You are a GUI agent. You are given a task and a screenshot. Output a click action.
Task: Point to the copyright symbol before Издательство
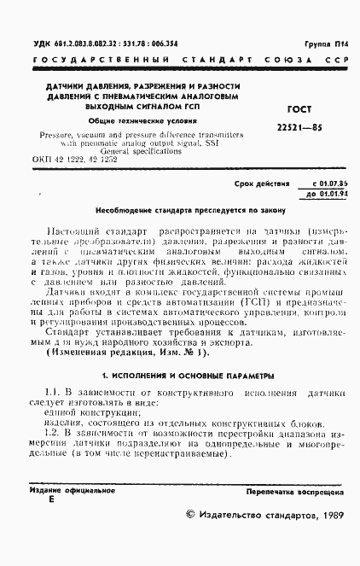tap(191, 516)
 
